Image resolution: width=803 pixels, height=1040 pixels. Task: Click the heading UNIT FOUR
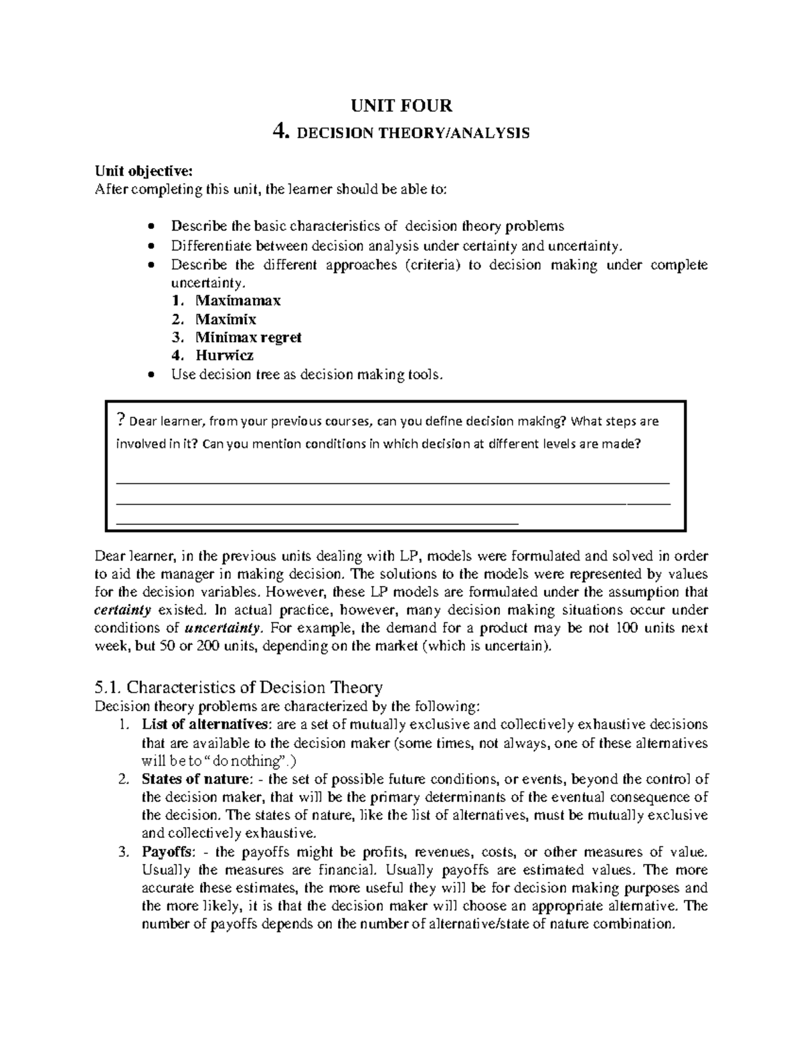[x=401, y=106]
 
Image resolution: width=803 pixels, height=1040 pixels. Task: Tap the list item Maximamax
[x=238, y=301]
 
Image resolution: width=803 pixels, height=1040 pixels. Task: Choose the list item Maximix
[x=226, y=319]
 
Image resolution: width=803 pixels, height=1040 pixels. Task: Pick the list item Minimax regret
[x=248, y=337]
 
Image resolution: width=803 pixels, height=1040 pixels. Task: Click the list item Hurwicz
[x=224, y=355]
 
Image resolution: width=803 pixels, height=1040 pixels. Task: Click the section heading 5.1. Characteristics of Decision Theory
[x=238, y=687]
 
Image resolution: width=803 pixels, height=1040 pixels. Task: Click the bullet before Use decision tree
[x=153, y=375]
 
